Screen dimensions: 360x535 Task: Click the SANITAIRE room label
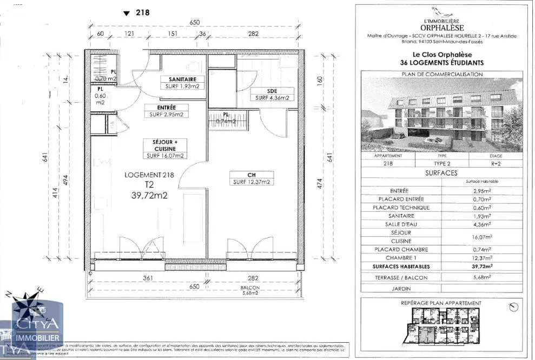(x=182, y=79)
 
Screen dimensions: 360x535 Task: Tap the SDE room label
(x=273, y=90)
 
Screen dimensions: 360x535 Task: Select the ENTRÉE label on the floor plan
(x=167, y=106)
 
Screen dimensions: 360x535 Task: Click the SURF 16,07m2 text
(x=165, y=156)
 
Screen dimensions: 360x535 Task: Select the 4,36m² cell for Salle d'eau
(x=482, y=224)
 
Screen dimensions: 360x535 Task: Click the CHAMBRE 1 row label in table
(x=402, y=258)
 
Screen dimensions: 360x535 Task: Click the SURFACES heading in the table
(x=442, y=173)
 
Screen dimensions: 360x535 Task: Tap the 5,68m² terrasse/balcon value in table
(x=482, y=277)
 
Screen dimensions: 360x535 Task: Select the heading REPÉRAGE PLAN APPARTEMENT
(x=442, y=303)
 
